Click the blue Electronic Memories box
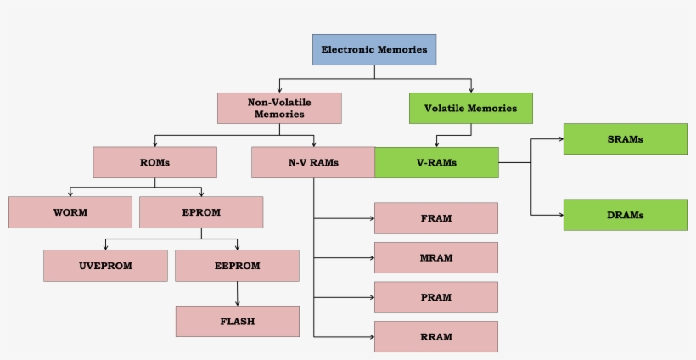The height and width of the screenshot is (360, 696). click(x=374, y=50)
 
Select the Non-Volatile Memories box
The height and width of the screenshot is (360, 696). click(x=279, y=108)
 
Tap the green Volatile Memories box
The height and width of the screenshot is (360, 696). click(x=470, y=109)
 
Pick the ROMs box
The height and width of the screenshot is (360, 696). click(x=154, y=162)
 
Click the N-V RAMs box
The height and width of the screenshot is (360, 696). click(x=313, y=162)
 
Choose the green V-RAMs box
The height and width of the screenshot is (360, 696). click(x=436, y=162)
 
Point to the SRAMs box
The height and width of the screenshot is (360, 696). click(x=625, y=138)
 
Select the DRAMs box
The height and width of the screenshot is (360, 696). click(x=625, y=215)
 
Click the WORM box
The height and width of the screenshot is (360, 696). click(x=70, y=212)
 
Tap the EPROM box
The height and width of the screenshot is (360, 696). click(x=201, y=212)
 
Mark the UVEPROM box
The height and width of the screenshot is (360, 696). click(x=105, y=266)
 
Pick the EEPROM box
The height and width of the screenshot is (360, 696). click(x=237, y=266)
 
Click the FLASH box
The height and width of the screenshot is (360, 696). click(x=237, y=321)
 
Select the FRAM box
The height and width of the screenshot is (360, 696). click(x=435, y=218)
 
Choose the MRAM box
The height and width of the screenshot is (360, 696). click(x=435, y=257)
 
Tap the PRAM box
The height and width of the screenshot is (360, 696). click(x=435, y=297)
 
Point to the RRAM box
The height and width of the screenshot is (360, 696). click(x=435, y=336)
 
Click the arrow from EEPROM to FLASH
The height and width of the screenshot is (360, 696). click(x=237, y=294)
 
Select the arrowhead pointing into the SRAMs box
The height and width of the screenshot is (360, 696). click(x=559, y=138)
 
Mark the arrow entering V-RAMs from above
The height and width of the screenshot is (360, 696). click(x=437, y=141)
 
